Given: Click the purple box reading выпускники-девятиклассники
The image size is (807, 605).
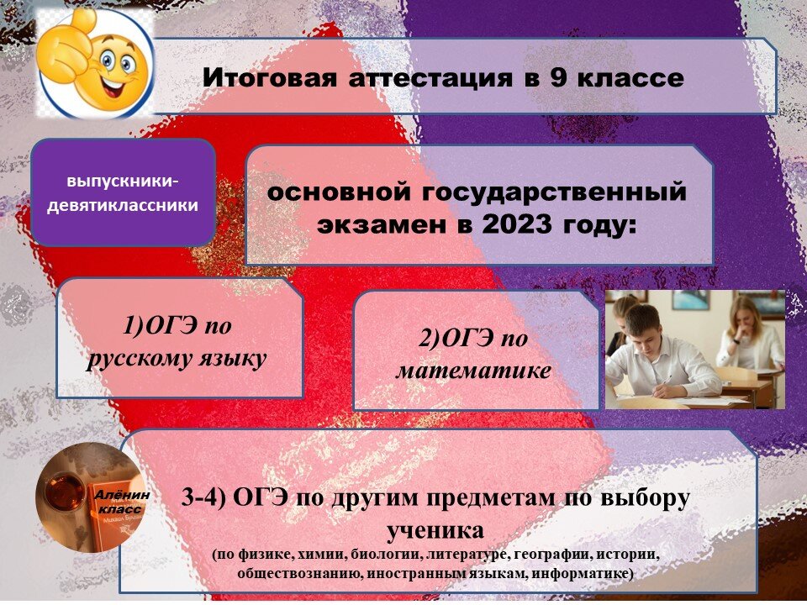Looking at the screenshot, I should click(x=123, y=193).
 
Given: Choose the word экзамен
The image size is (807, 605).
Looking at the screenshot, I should click(x=371, y=225).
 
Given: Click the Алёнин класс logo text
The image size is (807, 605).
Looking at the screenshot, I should click(x=121, y=502).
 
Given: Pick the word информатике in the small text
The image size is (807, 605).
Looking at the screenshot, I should click(x=588, y=573).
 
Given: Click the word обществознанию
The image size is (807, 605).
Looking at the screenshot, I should click(x=303, y=573).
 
